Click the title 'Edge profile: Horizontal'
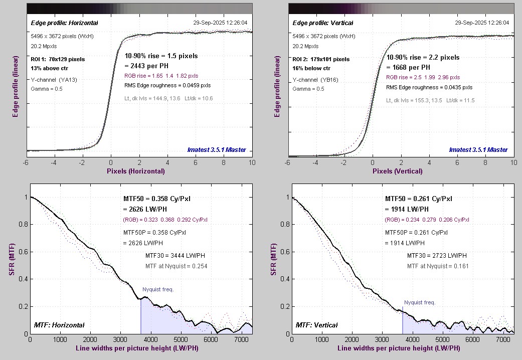pos(64,23)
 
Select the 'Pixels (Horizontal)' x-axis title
pos(135,171)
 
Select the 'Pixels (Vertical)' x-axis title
pos(397,171)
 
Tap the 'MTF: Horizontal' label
pos(59,325)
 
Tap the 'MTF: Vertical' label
pos(316,325)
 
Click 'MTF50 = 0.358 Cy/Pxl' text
pos(157,199)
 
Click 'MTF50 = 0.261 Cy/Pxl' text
pos(419,199)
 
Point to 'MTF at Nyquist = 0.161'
pos(438,266)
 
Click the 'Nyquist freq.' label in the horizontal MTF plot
pos(159,289)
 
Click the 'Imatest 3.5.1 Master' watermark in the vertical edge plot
pos(478,149)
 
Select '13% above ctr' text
pos(47,68)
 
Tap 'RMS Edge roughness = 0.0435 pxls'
pos(429,87)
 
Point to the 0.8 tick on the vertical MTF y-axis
pos(283,225)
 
